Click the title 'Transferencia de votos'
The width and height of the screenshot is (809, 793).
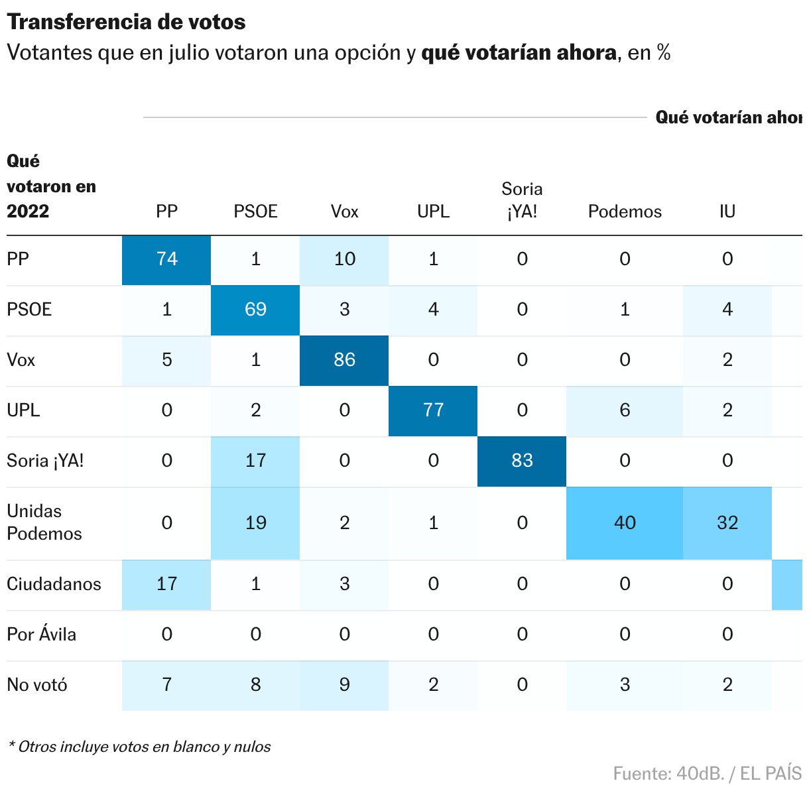[126, 22]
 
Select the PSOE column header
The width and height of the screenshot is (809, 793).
[255, 212]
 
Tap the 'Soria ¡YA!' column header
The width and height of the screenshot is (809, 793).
[522, 200]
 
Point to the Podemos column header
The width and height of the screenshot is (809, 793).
[625, 212]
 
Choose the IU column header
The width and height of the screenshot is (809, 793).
[727, 212]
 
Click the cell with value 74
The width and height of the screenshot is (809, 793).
[166, 259]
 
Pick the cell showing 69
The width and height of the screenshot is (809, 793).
[255, 310]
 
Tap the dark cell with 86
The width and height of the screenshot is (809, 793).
[344, 360]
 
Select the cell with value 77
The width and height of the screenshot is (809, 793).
[433, 410]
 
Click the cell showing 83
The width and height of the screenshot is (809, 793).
[522, 461]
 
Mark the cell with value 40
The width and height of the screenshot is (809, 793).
[625, 523]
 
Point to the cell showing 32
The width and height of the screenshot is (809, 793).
[727, 523]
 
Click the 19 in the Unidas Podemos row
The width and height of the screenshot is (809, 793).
[255, 523]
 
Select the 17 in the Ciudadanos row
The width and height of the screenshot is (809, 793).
[166, 584]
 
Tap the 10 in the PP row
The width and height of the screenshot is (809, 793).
[344, 259]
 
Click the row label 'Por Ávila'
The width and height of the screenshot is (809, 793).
[41, 635]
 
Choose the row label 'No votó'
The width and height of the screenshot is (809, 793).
[37, 685]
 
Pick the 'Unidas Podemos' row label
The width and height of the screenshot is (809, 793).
[44, 522]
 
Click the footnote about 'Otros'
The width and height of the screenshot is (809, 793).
[139, 747]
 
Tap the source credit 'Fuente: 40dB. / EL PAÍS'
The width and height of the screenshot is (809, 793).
[707, 773]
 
